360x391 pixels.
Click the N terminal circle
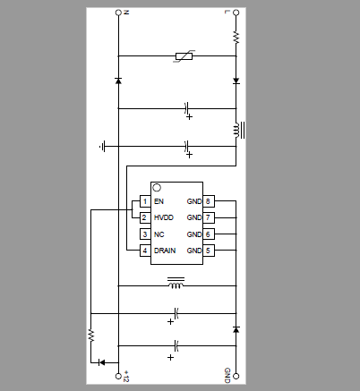pyautogui.click(x=118, y=13)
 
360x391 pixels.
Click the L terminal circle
pyautogui.click(x=236, y=13)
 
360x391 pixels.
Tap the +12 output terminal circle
pyautogui.click(x=118, y=376)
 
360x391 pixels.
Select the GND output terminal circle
pyautogui.click(x=236, y=376)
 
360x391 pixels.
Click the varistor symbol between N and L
pyautogui.click(x=184, y=56)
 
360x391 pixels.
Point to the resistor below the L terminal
pyautogui.click(x=236, y=38)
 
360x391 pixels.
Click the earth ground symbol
pyautogui.click(x=102, y=147)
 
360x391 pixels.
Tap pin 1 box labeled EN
pyautogui.click(x=145, y=201)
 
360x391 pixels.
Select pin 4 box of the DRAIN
pyautogui.click(x=145, y=251)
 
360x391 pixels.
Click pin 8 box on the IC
pyautogui.click(x=209, y=201)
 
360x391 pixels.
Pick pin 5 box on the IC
pyautogui.click(x=209, y=251)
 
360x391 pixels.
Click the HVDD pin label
pyautogui.click(x=164, y=217)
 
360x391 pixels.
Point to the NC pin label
pyautogui.click(x=159, y=234)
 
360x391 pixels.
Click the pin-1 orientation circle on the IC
pyautogui.click(x=157, y=188)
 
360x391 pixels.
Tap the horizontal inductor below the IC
pyautogui.click(x=176, y=283)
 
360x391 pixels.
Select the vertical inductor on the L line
pyautogui.click(x=239, y=130)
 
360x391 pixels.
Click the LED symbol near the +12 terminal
pyautogui.click(x=101, y=362)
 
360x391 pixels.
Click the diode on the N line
pyautogui.click(x=118, y=81)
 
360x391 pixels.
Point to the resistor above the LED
pyautogui.click(x=91, y=336)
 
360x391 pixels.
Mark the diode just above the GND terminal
pyautogui.click(x=236, y=329)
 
